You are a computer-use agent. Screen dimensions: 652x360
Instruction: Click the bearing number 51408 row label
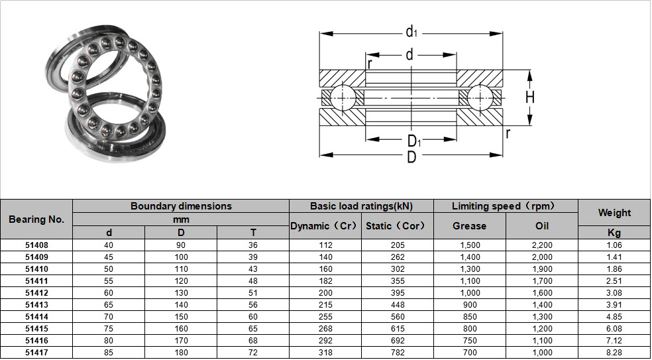click(x=36, y=245)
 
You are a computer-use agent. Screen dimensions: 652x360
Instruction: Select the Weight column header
click(x=614, y=213)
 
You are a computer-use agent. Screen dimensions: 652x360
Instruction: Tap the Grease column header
click(x=470, y=225)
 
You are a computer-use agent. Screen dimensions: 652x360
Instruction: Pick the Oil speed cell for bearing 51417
click(x=542, y=353)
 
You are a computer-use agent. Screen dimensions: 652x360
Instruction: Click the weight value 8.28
click(x=614, y=353)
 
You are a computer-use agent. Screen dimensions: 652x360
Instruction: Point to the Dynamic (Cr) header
click(x=324, y=226)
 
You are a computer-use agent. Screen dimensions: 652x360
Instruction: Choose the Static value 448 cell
click(x=398, y=305)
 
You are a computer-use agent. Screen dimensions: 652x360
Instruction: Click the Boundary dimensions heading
click(x=181, y=206)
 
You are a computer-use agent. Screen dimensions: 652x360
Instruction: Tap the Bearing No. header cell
click(x=36, y=219)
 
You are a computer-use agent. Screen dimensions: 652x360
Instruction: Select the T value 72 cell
click(x=253, y=353)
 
